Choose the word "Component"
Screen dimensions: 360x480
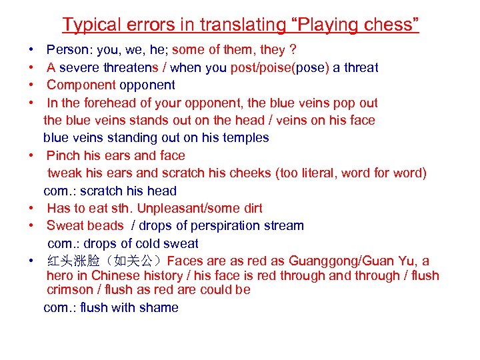point(81,85)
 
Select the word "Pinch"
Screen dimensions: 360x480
point(64,155)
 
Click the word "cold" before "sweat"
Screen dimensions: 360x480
point(153,243)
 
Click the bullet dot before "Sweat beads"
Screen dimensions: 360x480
point(32,225)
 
